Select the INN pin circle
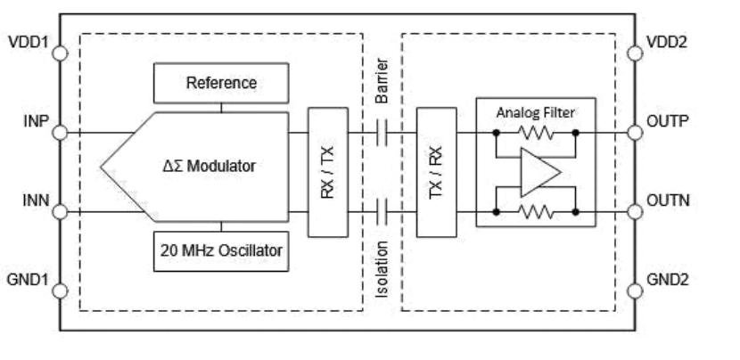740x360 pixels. pos(61,212)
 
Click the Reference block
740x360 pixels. pos(222,83)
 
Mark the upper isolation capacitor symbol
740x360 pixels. pos(382,133)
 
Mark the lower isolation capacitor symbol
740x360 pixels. pos(382,212)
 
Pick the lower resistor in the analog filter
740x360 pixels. pos(534,212)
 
